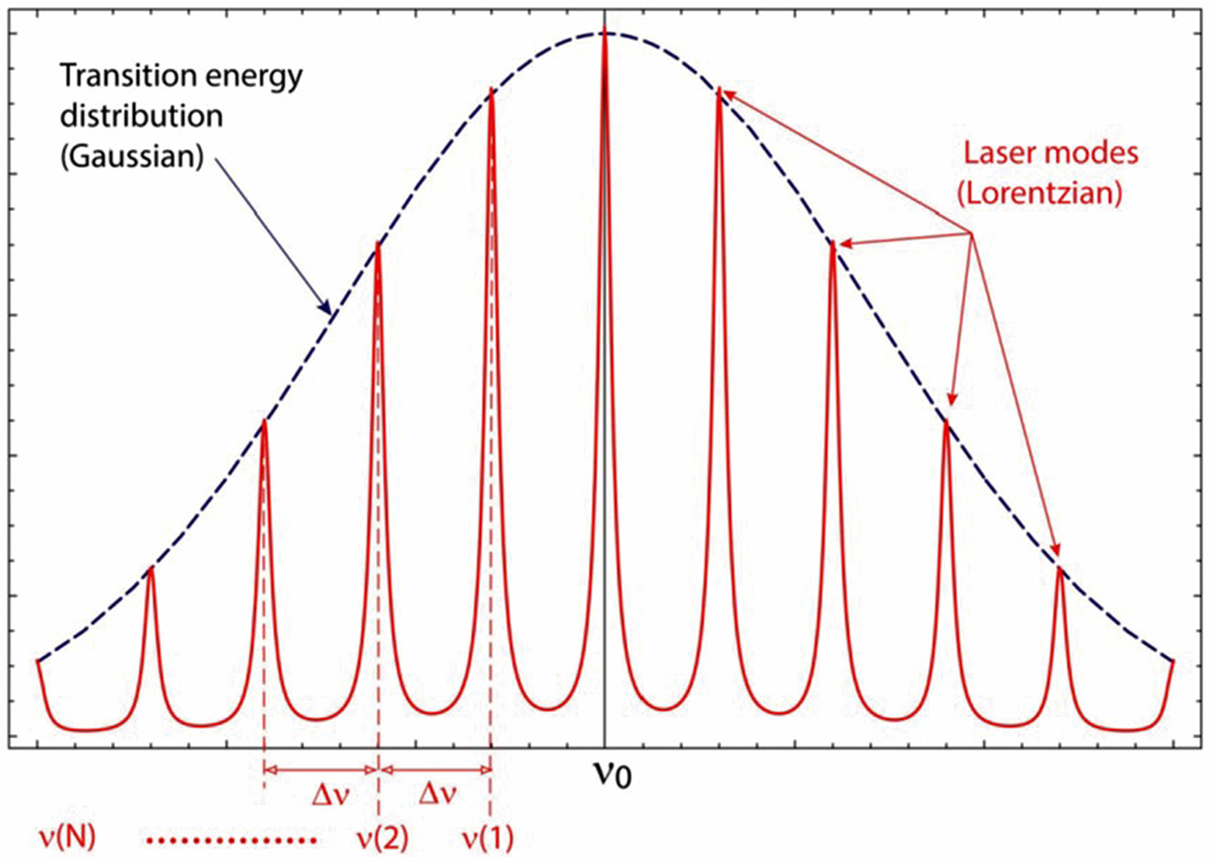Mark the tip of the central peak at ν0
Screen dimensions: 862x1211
coord(605,32)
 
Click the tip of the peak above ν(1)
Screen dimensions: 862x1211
coord(491,90)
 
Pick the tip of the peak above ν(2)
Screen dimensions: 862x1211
coord(377,242)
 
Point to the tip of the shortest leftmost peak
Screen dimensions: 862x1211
coord(151,568)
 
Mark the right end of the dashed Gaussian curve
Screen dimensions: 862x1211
coord(1172,660)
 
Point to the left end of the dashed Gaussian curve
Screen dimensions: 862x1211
coord(38,660)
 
